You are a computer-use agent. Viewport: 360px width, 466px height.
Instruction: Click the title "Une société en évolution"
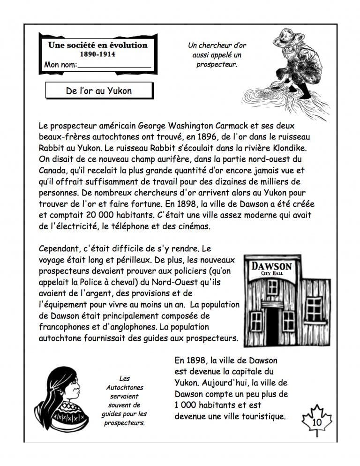pos(97,45)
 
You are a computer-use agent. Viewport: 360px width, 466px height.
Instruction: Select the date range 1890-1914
pos(97,54)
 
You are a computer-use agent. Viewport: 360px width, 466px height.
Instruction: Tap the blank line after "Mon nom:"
pos(115,66)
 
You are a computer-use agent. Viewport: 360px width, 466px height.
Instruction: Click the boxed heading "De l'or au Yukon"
pos(99,90)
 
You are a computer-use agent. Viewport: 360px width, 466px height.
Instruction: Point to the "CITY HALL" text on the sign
pos(272,273)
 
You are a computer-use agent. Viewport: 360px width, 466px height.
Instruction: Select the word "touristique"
pos(263,416)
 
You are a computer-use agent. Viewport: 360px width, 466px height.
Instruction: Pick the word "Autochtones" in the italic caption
pos(124,388)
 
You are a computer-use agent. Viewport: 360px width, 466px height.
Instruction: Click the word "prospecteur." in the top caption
pos(217,65)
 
